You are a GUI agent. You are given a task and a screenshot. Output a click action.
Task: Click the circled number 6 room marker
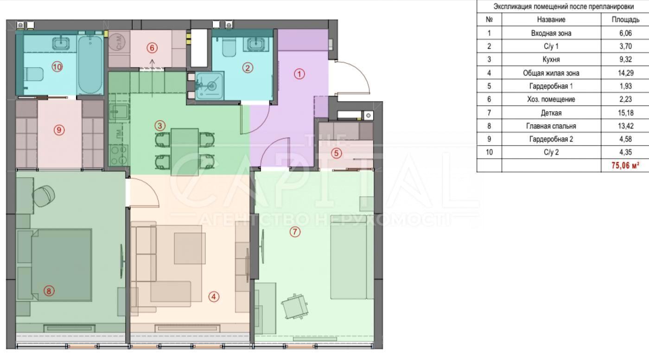tap(152, 47)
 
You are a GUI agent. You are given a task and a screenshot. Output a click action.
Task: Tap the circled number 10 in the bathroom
tap(57, 67)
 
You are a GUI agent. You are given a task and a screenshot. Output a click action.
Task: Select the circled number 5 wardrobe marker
tap(337, 153)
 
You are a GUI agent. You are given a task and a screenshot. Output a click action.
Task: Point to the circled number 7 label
tap(295, 231)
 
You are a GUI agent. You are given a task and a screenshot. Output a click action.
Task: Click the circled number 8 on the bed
tap(49, 291)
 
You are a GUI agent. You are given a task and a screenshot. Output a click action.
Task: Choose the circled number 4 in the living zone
tap(214, 296)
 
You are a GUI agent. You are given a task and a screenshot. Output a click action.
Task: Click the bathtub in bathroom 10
tap(90, 64)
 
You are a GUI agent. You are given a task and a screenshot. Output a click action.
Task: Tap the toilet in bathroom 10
tap(33, 74)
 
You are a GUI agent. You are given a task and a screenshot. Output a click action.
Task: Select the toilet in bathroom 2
tap(229, 48)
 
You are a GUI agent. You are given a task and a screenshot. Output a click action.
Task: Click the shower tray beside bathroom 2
tap(210, 86)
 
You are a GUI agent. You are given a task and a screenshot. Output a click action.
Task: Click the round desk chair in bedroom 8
tap(44, 196)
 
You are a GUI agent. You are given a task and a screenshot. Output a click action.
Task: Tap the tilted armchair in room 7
tap(294, 306)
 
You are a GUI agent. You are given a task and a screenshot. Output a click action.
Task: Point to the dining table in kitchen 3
tap(185, 152)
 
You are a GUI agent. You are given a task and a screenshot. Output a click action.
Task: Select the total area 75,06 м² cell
tap(625, 166)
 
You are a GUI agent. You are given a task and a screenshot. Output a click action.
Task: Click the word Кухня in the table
tap(551, 59)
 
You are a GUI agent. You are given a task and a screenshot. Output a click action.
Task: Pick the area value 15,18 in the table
tap(625, 112)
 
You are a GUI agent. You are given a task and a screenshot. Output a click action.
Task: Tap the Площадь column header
tap(625, 19)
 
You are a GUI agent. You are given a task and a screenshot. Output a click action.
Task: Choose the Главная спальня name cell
tap(551, 126)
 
